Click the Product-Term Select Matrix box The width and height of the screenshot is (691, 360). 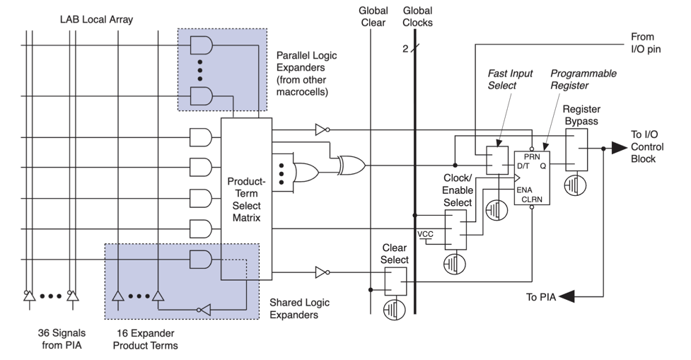(246, 199)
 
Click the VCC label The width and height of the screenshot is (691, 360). (426, 233)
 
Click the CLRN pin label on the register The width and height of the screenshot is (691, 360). (532, 200)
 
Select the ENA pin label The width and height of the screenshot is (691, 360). (525, 189)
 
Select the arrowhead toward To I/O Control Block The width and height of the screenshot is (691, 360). (620, 149)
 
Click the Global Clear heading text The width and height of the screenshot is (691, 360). (372, 17)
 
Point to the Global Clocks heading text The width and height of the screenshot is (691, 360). (417, 17)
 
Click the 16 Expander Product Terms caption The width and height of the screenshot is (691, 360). (146, 337)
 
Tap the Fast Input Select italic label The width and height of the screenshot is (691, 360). (509, 79)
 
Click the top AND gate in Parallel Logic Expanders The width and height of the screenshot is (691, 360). (202, 46)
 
